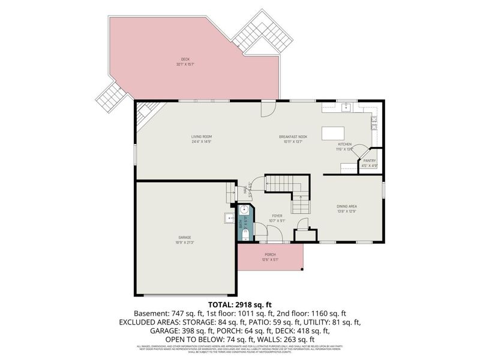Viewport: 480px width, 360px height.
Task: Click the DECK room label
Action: click(185, 59)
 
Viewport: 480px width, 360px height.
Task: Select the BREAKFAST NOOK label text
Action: click(293, 137)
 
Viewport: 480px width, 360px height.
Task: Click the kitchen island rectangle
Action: click(334, 133)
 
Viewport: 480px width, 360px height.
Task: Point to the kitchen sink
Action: click(346, 108)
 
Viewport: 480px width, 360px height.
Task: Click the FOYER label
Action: click(277, 215)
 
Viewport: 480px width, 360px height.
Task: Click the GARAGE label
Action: click(185, 238)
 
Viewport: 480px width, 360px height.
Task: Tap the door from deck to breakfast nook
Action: click(268, 109)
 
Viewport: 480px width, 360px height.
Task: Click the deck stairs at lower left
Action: click(112, 97)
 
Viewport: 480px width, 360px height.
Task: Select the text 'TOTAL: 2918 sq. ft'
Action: click(239, 305)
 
